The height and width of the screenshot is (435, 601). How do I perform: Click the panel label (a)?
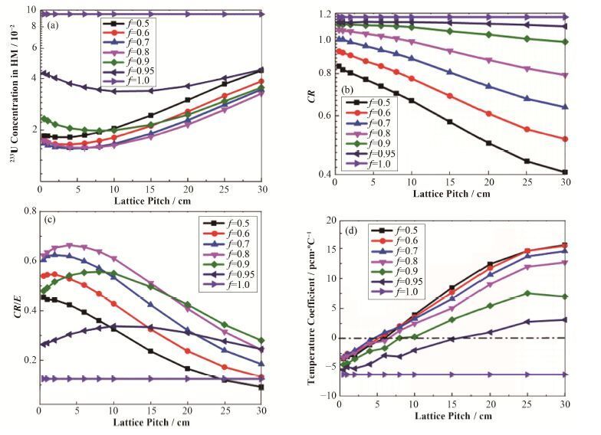pyautogui.click(x=54, y=25)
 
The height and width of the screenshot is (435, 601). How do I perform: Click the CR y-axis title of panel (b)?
pyautogui.click(x=307, y=93)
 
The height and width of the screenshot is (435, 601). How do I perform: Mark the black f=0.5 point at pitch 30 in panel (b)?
pyautogui.click(x=564, y=172)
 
